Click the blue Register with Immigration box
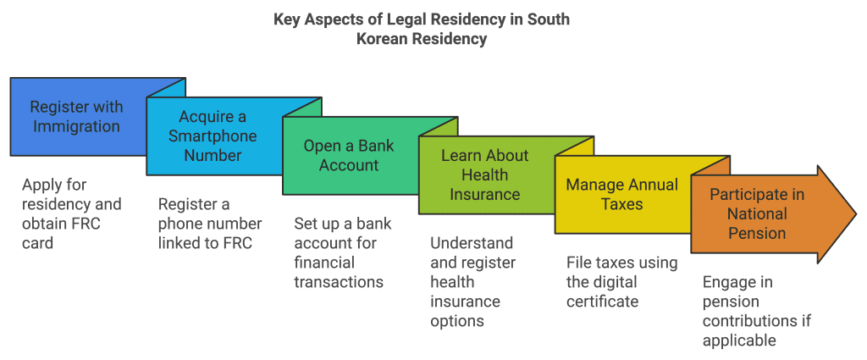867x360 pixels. (76, 118)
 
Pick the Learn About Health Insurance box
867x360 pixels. (485, 174)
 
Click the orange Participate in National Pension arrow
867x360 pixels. (757, 213)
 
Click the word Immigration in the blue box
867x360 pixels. (76, 127)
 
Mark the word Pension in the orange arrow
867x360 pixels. (757, 232)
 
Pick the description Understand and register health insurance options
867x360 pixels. (478, 281)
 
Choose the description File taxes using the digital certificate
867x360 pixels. (621, 281)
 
